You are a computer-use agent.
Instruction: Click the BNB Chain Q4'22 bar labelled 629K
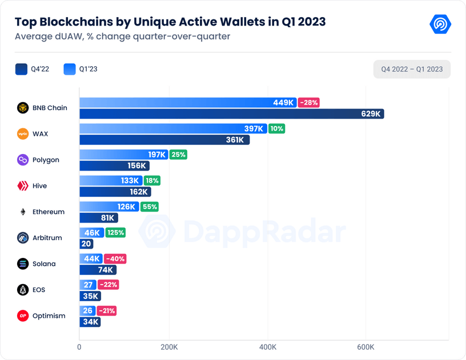231,114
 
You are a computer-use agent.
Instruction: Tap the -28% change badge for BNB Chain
309,103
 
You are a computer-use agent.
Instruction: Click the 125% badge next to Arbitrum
115,233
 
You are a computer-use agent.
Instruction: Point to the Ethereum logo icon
23,212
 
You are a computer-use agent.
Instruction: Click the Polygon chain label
46,160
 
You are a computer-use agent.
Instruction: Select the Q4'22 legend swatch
22,69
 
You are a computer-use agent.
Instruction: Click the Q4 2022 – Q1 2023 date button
412,69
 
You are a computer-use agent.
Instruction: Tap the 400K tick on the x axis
268,347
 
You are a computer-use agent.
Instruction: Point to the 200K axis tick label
169,347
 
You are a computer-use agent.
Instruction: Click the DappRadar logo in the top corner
440,25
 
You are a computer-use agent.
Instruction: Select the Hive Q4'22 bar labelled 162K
115,192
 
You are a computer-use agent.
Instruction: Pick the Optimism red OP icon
23,315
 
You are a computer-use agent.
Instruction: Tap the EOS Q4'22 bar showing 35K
90,296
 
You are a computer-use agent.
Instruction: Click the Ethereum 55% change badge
149,207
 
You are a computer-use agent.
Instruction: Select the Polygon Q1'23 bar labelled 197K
123,155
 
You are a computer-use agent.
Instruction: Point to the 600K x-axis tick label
366,347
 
